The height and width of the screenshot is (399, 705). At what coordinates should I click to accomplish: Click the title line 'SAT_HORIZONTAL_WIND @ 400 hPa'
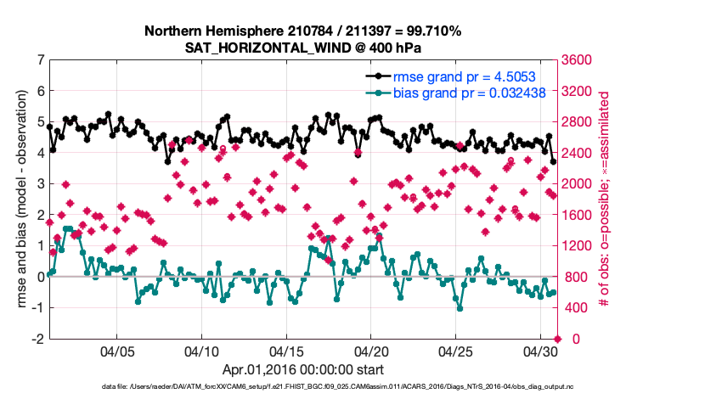click(302, 48)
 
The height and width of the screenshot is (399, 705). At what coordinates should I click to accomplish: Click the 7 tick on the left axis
click(40, 60)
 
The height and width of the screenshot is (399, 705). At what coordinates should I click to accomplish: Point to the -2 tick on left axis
click(37, 339)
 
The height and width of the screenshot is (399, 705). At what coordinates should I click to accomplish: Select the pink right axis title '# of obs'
click(606, 199)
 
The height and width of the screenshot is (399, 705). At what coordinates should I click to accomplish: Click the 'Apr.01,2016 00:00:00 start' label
click(302, 370)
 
